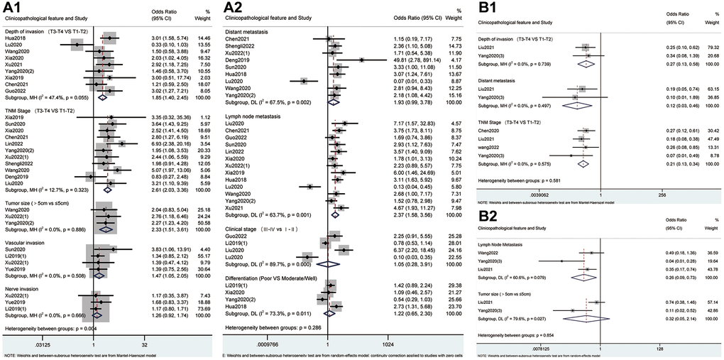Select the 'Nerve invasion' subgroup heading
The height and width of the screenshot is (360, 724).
(x=26, y=281)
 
